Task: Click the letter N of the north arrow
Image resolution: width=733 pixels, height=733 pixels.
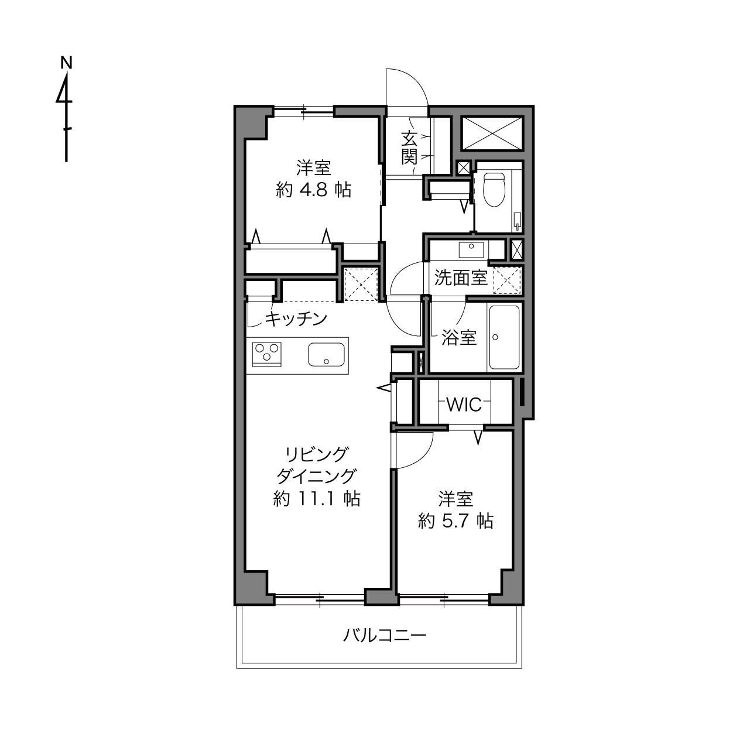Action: click(67, 63)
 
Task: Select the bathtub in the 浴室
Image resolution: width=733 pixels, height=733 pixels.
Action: click(505, 337)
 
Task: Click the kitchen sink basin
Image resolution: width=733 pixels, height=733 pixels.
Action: click(326, 354)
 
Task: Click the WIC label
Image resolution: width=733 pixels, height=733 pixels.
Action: click(464, 405)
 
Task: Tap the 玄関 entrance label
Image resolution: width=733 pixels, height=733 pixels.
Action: click(409, 148)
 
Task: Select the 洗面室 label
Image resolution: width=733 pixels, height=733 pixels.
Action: click(461, 278)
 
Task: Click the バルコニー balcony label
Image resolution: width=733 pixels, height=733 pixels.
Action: click(385, 635)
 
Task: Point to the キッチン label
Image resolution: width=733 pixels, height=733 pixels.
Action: click(296, 318)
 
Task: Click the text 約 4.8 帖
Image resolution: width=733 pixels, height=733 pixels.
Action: click(313, 190)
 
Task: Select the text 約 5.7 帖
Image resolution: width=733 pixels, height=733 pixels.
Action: click(455, 520)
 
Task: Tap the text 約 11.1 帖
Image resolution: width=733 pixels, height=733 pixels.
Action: click(317, 499)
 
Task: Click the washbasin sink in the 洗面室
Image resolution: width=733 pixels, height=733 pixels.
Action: click(471, 249)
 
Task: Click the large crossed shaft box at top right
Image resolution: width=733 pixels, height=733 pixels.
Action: click(492, 133)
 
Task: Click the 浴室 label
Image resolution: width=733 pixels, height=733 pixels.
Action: click(459, 337)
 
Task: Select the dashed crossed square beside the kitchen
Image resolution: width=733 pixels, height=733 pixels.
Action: click(361, 285)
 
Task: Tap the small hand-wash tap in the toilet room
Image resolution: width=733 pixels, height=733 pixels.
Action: click(518, 221)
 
